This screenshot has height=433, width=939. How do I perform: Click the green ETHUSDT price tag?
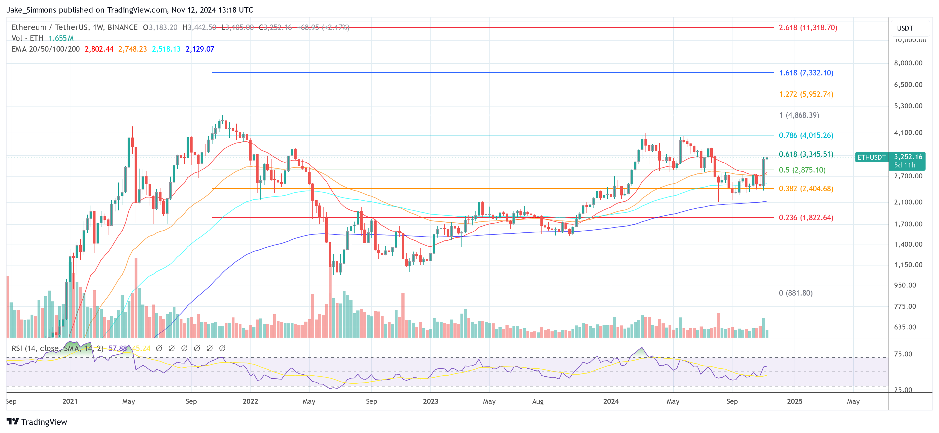click(871, 157)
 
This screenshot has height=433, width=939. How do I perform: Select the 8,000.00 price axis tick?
click(908, 63)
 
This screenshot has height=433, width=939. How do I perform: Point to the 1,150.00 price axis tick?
click(908, 265)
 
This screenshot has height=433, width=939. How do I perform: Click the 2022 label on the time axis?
click(251, 401)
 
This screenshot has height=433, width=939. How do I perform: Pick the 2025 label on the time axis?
click(795, 401)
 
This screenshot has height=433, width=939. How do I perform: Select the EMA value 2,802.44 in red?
click(99, 49)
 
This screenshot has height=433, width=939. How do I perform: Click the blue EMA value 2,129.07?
click(200, 49)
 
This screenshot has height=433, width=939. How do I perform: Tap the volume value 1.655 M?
click(61, 38)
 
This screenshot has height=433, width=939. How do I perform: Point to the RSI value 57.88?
click(118, 348)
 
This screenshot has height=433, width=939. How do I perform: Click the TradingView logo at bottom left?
click(37, 422)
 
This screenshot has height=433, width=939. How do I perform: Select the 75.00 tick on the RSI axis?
click(903, 354)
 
